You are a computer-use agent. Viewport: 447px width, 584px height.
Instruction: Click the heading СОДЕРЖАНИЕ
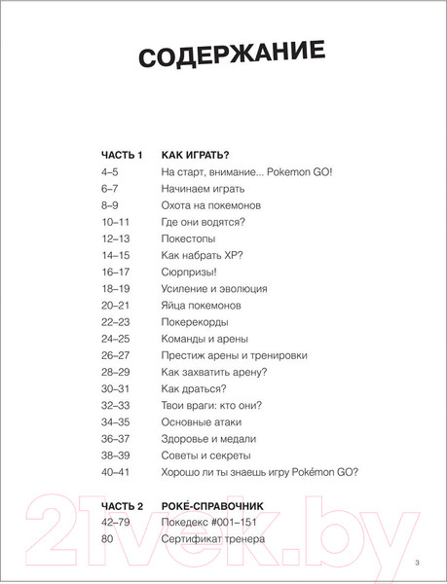pyautogui.click(x=223, y=54)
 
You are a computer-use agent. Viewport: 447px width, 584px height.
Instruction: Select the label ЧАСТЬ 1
pyautogui.click(x=122, y=155)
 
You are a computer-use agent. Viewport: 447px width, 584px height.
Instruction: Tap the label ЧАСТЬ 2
pyautogui.click(x=122, y=507)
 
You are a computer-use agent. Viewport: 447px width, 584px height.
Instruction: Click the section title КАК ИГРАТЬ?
pyautogui.click(x=196, y=155)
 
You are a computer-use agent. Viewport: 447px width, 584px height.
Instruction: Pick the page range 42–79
pyautogui.click(x=116, y=524)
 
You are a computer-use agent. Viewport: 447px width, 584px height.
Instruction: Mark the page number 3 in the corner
pyautogui.click(x=416, y=563)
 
